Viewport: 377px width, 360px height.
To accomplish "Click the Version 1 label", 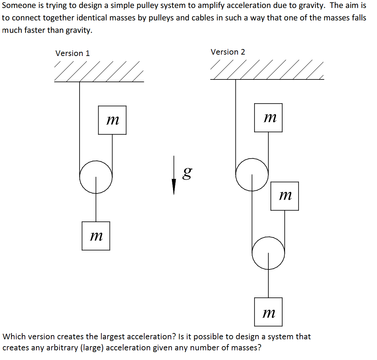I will click(73, 53).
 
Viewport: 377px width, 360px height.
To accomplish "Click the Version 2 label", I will click(228, 52).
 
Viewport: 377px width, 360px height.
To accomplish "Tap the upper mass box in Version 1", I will click(112, 120).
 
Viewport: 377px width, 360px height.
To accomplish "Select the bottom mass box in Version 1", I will click(96, 236).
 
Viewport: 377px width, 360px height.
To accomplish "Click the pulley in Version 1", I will click(96, 177).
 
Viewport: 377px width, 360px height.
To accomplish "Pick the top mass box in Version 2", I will click(268, 118).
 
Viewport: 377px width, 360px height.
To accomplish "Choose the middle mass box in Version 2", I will click(284, 196).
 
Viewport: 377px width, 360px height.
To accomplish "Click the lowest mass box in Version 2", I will click(268, 312).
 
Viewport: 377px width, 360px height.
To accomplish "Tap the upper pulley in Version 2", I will click(252, 174).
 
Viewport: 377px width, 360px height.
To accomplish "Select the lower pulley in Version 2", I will click(268, 253).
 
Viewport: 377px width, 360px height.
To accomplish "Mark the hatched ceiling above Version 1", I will click(99, 72).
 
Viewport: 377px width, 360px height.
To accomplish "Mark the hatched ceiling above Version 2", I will click(267, 70).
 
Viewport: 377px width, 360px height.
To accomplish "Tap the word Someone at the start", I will click(17, 6).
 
